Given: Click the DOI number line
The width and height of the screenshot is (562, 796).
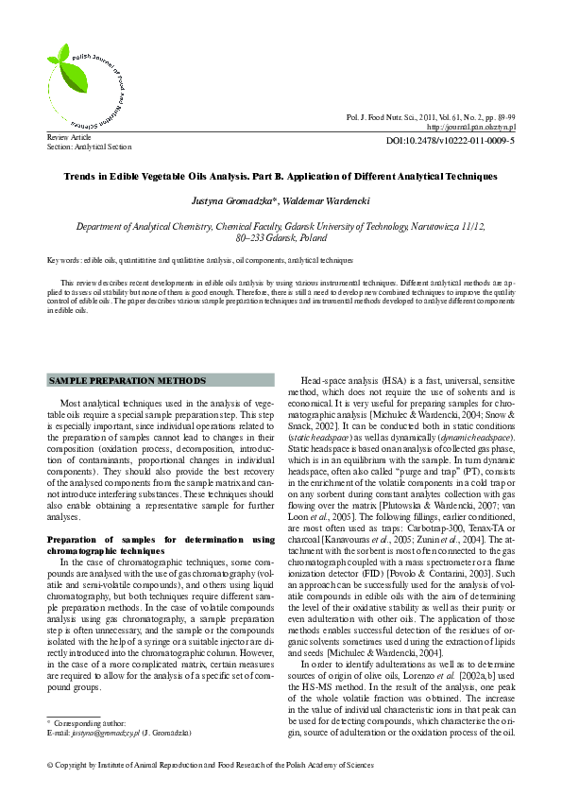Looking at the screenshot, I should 451,140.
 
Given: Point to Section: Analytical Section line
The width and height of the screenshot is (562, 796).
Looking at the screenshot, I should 89,147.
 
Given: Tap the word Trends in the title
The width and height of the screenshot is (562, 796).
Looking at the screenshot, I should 79,176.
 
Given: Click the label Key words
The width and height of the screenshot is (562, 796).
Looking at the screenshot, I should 63,258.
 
